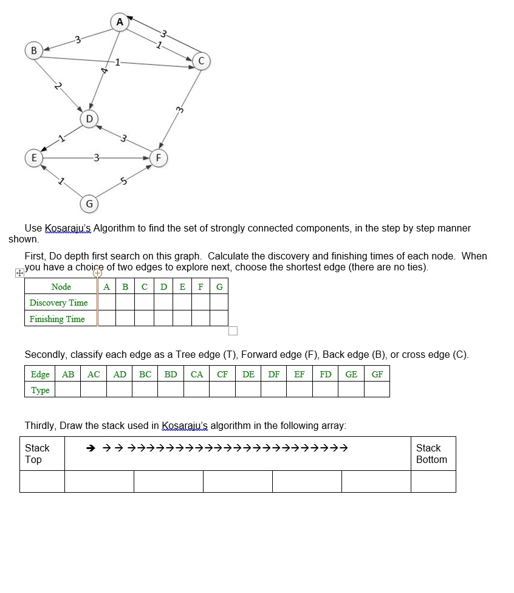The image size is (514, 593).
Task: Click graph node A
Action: (120, 22)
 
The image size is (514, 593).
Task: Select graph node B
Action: (33, 49)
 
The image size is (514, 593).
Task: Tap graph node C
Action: (201, 61)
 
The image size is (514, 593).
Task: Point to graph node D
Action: (89, 118)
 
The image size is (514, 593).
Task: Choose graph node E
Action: (33, 157)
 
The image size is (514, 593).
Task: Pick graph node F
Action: (159, 157)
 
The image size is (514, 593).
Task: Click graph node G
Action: (89, 203)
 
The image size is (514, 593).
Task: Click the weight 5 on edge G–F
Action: (124, 180)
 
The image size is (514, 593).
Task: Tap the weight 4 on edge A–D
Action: (105, 71)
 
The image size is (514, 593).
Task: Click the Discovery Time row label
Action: (58, 303)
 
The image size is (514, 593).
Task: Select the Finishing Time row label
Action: (57, 319)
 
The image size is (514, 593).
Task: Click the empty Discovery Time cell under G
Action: (219, 303)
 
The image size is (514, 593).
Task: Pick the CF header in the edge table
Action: (222, 374)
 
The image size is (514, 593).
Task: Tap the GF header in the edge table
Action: (377, 374)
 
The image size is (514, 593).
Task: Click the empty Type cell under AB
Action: (68, 390)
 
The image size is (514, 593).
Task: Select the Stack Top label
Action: (37, 454)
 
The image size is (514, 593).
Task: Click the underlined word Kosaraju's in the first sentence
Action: (68, 228)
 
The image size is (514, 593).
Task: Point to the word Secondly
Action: (46, 355)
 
